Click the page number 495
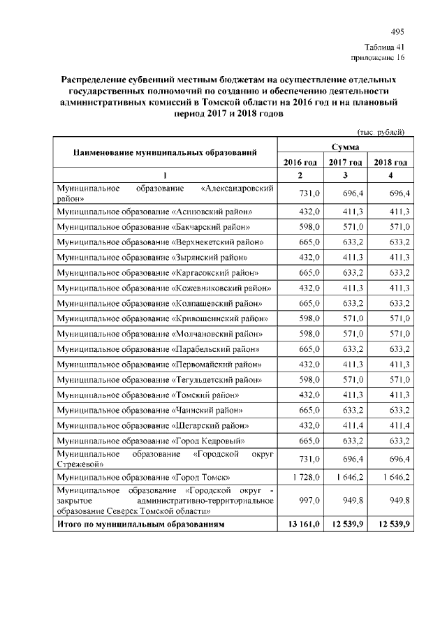click(x=397, y=32)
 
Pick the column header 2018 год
click(x=390, y=163)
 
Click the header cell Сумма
click(x=346, y=147)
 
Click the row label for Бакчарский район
click(x=153, y=227)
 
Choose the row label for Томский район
click(x=148, y=395)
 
